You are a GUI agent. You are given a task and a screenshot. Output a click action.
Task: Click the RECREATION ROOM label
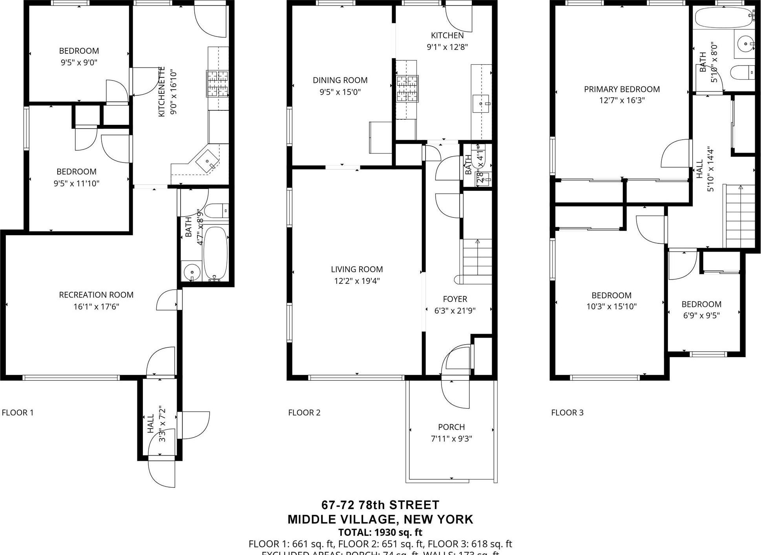pyautogui.click(x=96, y=295)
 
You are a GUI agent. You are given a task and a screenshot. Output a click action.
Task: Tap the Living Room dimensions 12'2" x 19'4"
pyautogui.click(x=357, y=281)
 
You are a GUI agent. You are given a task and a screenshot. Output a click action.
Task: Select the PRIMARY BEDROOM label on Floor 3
pyautogui.click(x=622, y=89)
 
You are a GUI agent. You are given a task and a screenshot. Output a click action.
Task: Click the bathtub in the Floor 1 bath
pyautogui.click(x=215, y=253)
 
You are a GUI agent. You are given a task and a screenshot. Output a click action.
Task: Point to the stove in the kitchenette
pyautogui.click(x=218, y=83)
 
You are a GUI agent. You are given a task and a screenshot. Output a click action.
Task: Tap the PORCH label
pyautogui.click(x=451, y=427)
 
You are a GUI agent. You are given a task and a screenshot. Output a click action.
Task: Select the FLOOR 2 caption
pyautogui.click(x=304, y=413)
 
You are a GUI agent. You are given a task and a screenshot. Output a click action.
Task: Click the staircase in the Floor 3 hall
pyautogui.click(x=739, y=216)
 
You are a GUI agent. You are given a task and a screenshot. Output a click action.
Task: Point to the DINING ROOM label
pyautogui.click(x=340, y=80)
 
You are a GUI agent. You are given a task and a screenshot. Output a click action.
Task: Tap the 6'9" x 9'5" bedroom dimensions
pyautogui.click(x=701, y=316)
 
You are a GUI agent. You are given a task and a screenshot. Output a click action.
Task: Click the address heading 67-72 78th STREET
pyautogui.click(x=380, y=505)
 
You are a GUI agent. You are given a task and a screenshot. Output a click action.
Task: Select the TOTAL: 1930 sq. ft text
pyautogui.click(x=380, y=533)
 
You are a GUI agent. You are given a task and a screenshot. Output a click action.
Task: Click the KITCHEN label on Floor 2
pyautogui.click(x=447, y=35)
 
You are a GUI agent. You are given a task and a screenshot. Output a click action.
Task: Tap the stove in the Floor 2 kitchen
pyautogui.click(x=407, y=89)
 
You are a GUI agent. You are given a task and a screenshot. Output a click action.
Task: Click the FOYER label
pyautogui.click(x=455, y=299)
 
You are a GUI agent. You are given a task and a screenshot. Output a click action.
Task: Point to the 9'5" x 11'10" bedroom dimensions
pyautogui.click(x=77, y=183)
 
